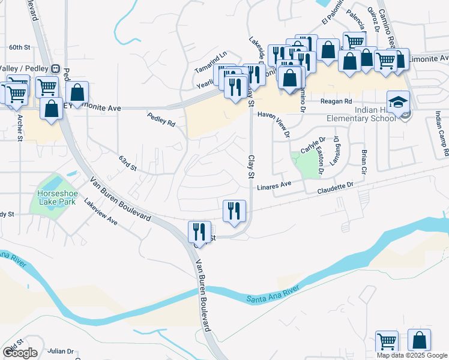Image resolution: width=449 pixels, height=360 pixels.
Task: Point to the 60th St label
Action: [20, 47]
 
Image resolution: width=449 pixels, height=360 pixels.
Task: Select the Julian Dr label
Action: [61, 352]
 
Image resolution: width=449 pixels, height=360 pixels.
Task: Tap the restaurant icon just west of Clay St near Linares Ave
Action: [235, 211]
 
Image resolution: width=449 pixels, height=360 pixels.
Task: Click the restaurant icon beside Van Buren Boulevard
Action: [199, 232]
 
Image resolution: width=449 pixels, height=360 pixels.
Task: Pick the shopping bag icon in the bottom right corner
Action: [419, 340]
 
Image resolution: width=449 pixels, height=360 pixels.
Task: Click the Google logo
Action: [20, 353]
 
